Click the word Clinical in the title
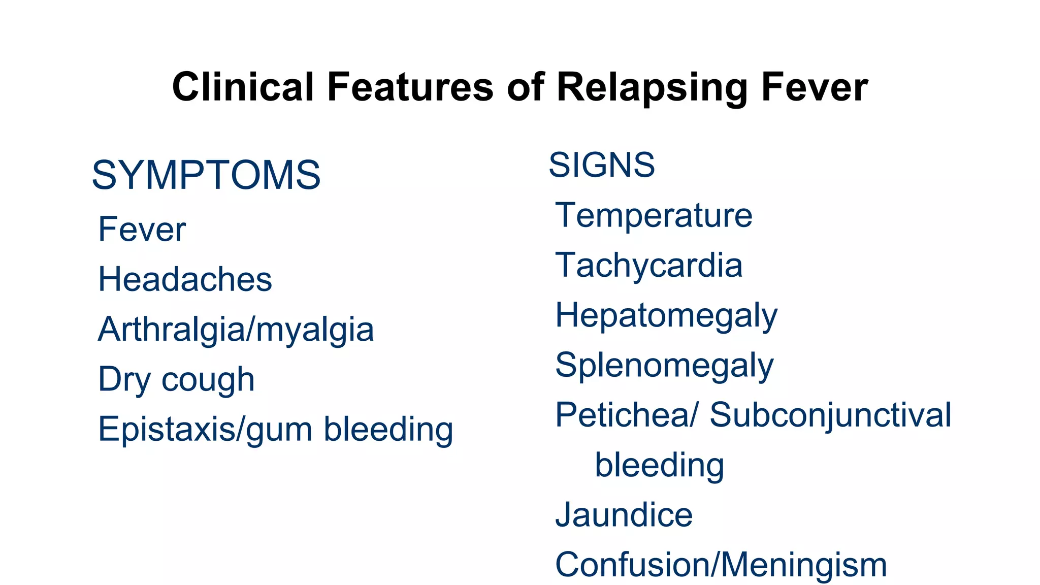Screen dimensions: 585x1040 (x=243, y=87)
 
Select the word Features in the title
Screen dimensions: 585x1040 (x=410, y=87)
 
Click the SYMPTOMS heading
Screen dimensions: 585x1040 (x=206, y=175)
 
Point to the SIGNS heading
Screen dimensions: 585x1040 (x=602, y=165)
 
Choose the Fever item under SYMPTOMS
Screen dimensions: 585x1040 (x=142, y=230)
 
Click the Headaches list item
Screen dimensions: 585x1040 (x=185, y=279)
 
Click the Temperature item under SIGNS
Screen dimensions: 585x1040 (x=654, y=215)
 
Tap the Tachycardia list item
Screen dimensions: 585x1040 (x=648, y=265)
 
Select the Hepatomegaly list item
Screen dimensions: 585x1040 (x=666, y=316)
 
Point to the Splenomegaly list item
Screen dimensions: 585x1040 (x=664, y=366)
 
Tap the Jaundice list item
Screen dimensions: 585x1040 (x=624, y=515)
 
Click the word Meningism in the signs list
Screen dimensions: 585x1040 (x=803, y=565)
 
